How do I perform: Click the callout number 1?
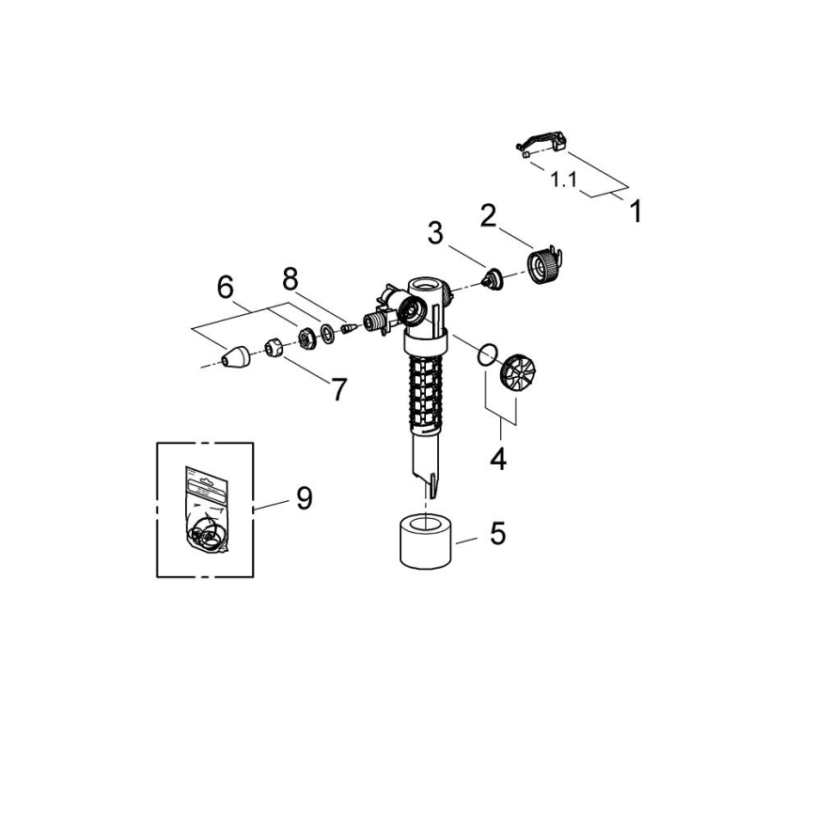tap(636, 212)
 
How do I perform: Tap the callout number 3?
tap(434, 233)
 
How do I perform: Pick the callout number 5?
tap(497, 534)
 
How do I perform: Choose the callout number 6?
tap(226, 288)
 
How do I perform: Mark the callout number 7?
tap(338, 388)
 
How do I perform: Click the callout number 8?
tap(290, 279)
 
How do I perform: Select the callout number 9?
tap(304, 498)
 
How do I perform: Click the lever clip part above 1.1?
tap(543, 143)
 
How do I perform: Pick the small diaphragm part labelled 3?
tap(489, 277)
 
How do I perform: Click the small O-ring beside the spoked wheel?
tap(484, 354)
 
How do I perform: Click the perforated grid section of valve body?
tap(424, 388)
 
